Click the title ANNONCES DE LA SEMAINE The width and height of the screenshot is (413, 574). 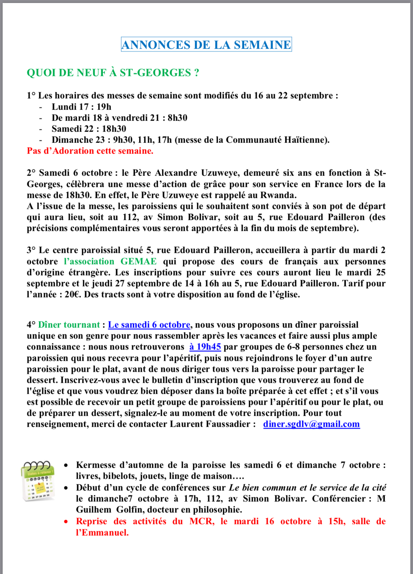click(x=206, y=45)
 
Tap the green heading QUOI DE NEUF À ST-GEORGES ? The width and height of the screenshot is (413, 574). click(x=113, y=73)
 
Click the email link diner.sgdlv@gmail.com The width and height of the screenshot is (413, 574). click(x=311, y=424)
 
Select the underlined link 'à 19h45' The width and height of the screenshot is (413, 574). click(x=205, y=347)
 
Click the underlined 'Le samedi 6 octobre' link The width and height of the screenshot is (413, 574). click(x=149, y=325)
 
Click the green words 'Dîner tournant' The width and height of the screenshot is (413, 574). click(x=69, y=325)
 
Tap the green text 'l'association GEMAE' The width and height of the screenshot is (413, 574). click(x=110, y=262)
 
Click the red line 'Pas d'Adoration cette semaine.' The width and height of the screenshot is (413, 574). click(x=90, y=151)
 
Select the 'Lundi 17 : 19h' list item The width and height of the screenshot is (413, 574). click(x=81, y=107)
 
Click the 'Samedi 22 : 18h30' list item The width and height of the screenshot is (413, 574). click(x=89, y=129)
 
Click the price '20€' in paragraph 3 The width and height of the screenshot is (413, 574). click(x=73, y=294)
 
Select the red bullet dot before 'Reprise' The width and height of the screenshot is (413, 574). click(x=67, y=522)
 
